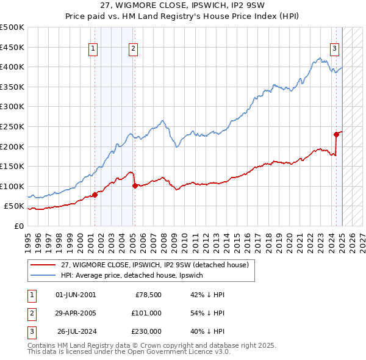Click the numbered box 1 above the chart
(93, 49)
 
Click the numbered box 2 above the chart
(132, 49)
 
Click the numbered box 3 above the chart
(335, 49)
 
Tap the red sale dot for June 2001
(95, 195)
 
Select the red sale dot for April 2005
(135, 185)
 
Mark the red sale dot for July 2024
(336, 134)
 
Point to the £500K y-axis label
(12, 27)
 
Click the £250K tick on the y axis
(12, 126)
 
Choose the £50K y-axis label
(15, 206)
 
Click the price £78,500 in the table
(148, 294)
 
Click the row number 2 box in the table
(30, 313)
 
